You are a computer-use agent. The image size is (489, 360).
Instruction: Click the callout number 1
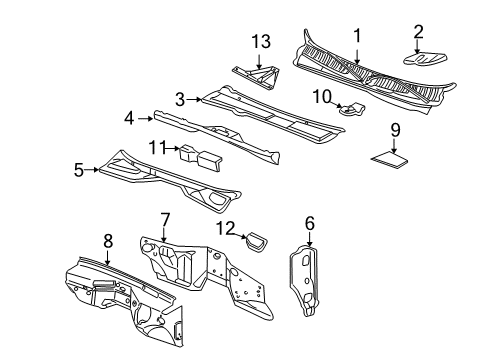click(356, 37)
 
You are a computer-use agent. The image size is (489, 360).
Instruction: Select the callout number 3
click(180, 98)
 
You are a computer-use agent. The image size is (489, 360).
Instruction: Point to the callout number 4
click(129, 118)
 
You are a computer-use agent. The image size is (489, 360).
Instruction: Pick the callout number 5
click(77, 169)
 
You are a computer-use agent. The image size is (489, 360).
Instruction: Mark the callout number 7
click(166, 218)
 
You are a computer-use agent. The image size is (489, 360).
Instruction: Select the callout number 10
click(323, 95)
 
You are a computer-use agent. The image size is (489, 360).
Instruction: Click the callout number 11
click(155, 148)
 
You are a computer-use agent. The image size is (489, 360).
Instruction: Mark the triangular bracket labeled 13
click(256, 74)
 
